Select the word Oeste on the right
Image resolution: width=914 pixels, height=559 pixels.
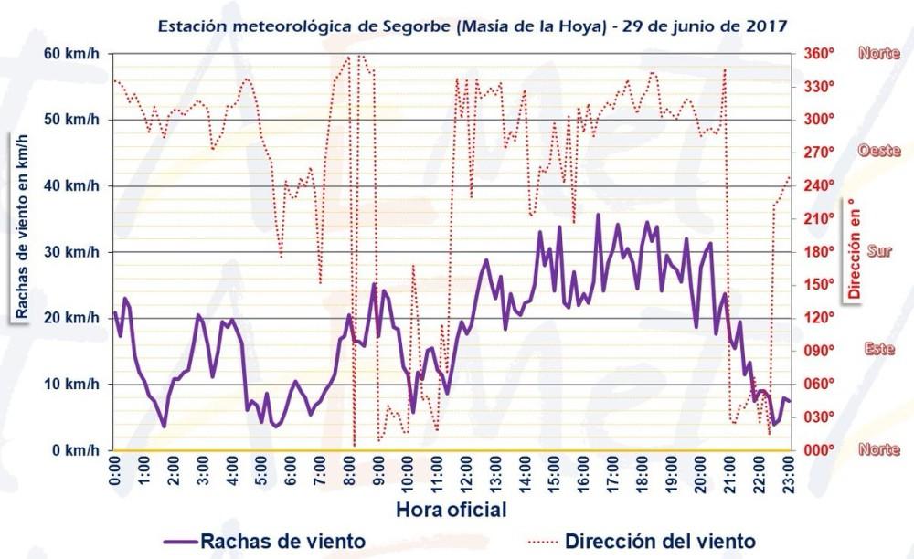[x=879, y=152]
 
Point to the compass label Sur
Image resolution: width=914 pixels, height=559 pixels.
[x=878, y=251]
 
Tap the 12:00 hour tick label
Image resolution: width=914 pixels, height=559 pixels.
[x=467, y=475]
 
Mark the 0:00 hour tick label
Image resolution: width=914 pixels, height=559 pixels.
[x=115, y=473]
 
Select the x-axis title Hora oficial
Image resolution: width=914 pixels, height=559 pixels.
[x=452, y=505]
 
